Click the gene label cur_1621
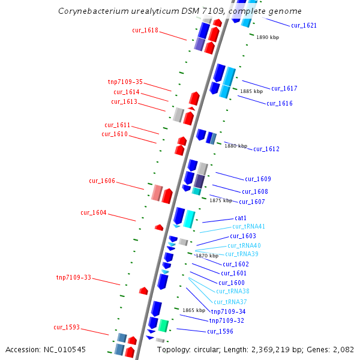304,26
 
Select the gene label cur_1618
145,30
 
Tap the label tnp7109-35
125,82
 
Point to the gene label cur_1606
102,181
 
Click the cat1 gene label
241,218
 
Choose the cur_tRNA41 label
248,227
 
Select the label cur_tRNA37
230,302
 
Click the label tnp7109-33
74,278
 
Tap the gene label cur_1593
67,328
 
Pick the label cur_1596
220,331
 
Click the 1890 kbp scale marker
268,37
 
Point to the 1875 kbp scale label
220,200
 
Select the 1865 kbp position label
194,310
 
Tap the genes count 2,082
343,349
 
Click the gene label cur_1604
94,213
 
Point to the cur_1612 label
266,149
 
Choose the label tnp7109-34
228,311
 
